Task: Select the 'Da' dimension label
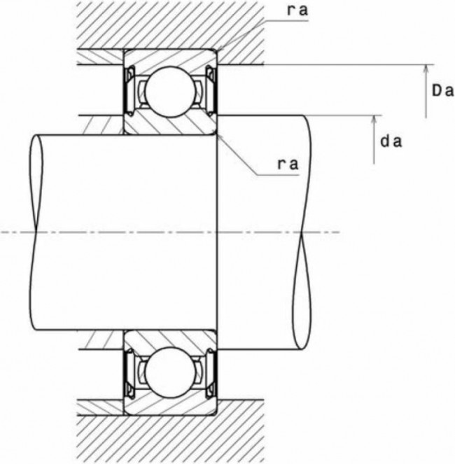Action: tap(440, 90)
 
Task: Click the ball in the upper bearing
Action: tap(169, 90)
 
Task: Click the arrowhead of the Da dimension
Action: tap(425, 69)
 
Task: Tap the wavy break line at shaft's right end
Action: tap(302, 231)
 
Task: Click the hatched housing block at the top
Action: tap(168, 24)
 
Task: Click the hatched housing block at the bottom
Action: tap(168, 437)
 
